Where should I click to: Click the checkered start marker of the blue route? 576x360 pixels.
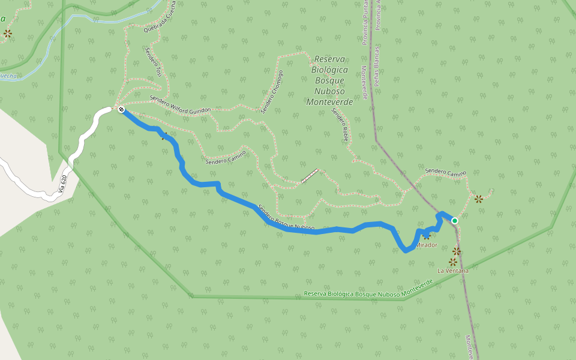tap(121, 109)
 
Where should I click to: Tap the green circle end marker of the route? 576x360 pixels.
tap(455, 221)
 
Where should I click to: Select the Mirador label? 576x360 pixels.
tap(426, 245)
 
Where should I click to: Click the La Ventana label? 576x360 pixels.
tap(452, 271)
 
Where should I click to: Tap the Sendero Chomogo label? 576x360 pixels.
tap(271, 91)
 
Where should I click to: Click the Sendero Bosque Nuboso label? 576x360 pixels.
tap(286, 218)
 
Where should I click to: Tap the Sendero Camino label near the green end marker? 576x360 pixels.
tap(445, 172)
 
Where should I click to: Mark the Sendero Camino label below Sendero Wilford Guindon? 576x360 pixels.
tap(226, 157)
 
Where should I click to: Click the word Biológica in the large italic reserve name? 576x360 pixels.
tap(329, 70)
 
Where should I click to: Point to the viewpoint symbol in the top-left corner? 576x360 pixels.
tap(7, 34)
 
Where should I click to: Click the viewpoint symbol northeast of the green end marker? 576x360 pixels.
tap(478, 199)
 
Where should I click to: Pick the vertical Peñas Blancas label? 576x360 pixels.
tap(377, 66)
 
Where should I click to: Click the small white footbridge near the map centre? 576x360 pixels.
tap(309, 176)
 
